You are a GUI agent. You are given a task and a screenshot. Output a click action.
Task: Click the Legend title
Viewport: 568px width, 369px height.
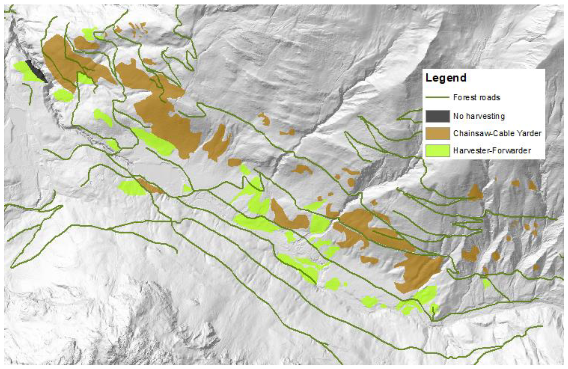pos(446,78)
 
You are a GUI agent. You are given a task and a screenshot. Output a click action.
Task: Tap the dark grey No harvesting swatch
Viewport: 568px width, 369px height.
pos(437,116)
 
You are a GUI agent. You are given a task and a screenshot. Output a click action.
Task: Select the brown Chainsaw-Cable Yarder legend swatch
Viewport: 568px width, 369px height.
pos(437,133)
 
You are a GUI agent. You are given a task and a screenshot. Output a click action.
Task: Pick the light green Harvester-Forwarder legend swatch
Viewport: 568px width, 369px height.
pos(437,151)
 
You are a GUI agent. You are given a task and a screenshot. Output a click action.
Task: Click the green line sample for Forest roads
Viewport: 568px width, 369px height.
pos(437,97)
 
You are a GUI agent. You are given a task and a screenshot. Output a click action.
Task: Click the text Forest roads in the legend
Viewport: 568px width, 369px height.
pos(476,97)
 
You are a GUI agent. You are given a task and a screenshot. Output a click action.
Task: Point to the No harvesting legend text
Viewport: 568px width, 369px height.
pos(479,116)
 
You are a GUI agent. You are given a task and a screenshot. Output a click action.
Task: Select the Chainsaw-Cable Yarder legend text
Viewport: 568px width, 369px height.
pos(497,133)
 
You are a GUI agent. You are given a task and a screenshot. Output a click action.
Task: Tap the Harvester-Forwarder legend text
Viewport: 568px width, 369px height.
pos(492,151)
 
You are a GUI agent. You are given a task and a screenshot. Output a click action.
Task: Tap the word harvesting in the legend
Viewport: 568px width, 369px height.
pos(485,116)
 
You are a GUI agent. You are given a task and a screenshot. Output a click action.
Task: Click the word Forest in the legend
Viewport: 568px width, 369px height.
pos(463,97)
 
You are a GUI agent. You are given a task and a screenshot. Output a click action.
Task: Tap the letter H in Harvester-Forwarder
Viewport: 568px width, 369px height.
pos(455,151)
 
